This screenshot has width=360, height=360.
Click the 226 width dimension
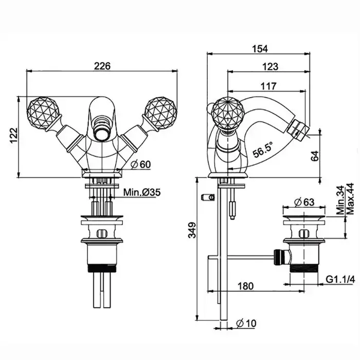(103, 66)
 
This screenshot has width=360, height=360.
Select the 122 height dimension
(14, 135)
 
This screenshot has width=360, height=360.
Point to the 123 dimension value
(269, 66)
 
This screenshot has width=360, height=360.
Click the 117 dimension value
(269, 86)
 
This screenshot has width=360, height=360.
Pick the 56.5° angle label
(263, 151)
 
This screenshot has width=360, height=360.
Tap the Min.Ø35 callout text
(142, 193)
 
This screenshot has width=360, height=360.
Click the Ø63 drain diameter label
(304, 202)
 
